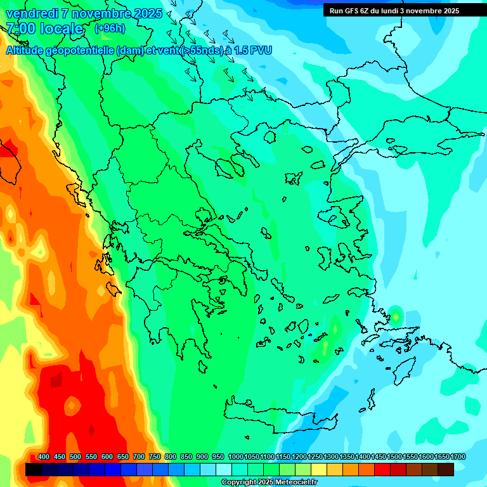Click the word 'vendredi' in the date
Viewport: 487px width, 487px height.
coord(29,13)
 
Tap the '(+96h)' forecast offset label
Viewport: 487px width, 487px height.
coord(110,28)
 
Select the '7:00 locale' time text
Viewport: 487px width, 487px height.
coord(44,29)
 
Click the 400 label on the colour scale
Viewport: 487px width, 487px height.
coord(44,457)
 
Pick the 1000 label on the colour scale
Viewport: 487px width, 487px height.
coord(236,457)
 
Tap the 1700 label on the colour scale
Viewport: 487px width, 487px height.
coord(458,457)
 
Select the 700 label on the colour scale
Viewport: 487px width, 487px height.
coord(139,457)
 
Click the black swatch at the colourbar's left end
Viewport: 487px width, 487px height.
coord(34,470)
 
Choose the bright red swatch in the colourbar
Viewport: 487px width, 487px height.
coord(382,470)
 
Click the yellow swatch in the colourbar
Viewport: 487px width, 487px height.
coord(319,470)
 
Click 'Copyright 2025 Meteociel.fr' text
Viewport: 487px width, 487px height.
coord(269,483)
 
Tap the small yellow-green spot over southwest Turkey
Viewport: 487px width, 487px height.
coord(396,315)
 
